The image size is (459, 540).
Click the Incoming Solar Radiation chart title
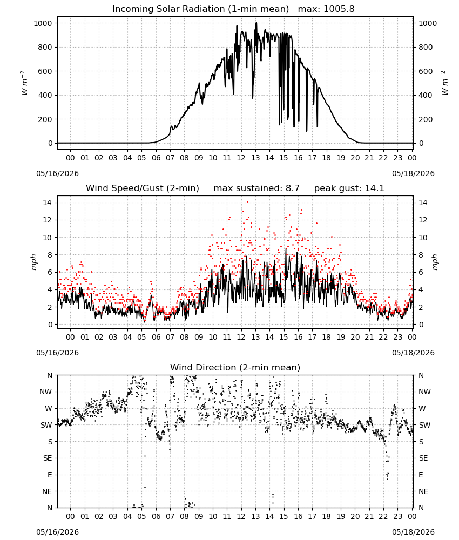tap(200, 9)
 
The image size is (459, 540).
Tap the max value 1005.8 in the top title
tap(339, 9)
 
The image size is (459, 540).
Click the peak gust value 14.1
tap(374, 188)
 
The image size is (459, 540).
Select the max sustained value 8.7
tap(292, 188)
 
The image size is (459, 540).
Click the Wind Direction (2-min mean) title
tap(235, 367)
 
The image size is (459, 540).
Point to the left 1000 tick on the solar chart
tap(43, 23)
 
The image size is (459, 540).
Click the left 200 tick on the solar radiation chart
tap(45, 119)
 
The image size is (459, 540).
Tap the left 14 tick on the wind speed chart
tap(48, 202)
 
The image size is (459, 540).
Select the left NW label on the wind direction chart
tap(46, 392)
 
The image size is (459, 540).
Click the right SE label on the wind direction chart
tap(423, 458)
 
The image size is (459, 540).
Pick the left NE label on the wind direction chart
tap(47, 491)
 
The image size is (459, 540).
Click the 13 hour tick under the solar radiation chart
tap(255, 158)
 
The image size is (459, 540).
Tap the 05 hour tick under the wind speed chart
tap(141, 337)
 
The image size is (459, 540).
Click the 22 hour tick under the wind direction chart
tap(383, 516)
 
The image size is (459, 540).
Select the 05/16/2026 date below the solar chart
tap(57, 173)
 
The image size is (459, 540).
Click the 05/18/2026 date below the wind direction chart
tap(413, 532)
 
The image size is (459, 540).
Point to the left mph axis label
tap(33, 262)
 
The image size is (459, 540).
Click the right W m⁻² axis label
tap(445, 83)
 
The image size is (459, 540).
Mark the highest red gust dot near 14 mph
tap(247, 202)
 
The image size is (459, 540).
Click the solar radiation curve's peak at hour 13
tap(256, 23)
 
